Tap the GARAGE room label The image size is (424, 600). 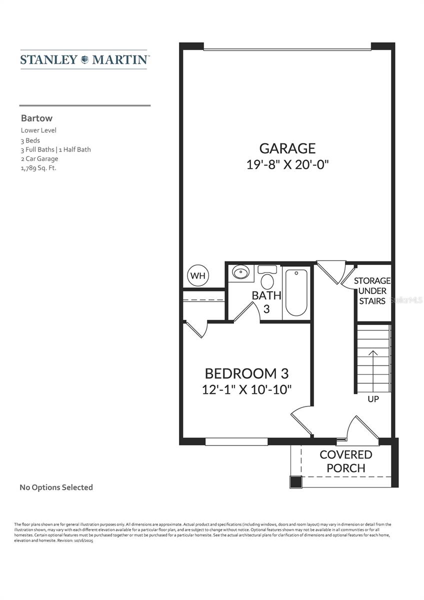(x=287, y=148)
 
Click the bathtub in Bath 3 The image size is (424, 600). (x=296, y=292)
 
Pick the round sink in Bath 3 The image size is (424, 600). (x=241, y=273)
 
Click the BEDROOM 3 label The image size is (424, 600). (x=246, y=373)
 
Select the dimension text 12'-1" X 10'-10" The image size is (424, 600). (x=246, y=389)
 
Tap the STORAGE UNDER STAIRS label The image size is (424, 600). (x=372, y=291)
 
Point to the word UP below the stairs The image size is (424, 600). (x=373, y=399)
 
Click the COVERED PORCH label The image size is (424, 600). (x=346, y=461)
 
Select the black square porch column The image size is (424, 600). (x=295, y=482)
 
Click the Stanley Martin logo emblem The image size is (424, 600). (x=84, y=59)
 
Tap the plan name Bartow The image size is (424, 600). (x=36, y=119)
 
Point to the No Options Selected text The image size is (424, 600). (x=56, y=487)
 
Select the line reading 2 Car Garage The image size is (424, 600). (x=39, y=158)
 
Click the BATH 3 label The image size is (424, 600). (x=266, y=302)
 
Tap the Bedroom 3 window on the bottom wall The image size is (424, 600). (x=236, y=441)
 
